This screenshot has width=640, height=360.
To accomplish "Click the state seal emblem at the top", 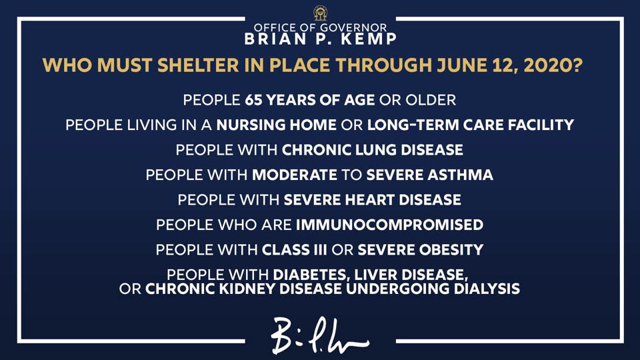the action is [x=321, y=13].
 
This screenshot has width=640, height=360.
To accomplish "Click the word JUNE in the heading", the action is [x=461, y=65].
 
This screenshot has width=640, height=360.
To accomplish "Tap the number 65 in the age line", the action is [x=253, y=100].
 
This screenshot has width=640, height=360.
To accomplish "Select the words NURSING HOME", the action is [x=276, y=125].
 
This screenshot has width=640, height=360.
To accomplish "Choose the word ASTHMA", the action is [x=461, y=175].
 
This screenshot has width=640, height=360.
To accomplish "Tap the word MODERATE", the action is [x=294, y=175].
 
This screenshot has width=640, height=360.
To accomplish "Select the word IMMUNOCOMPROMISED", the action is [x=389, y=225].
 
